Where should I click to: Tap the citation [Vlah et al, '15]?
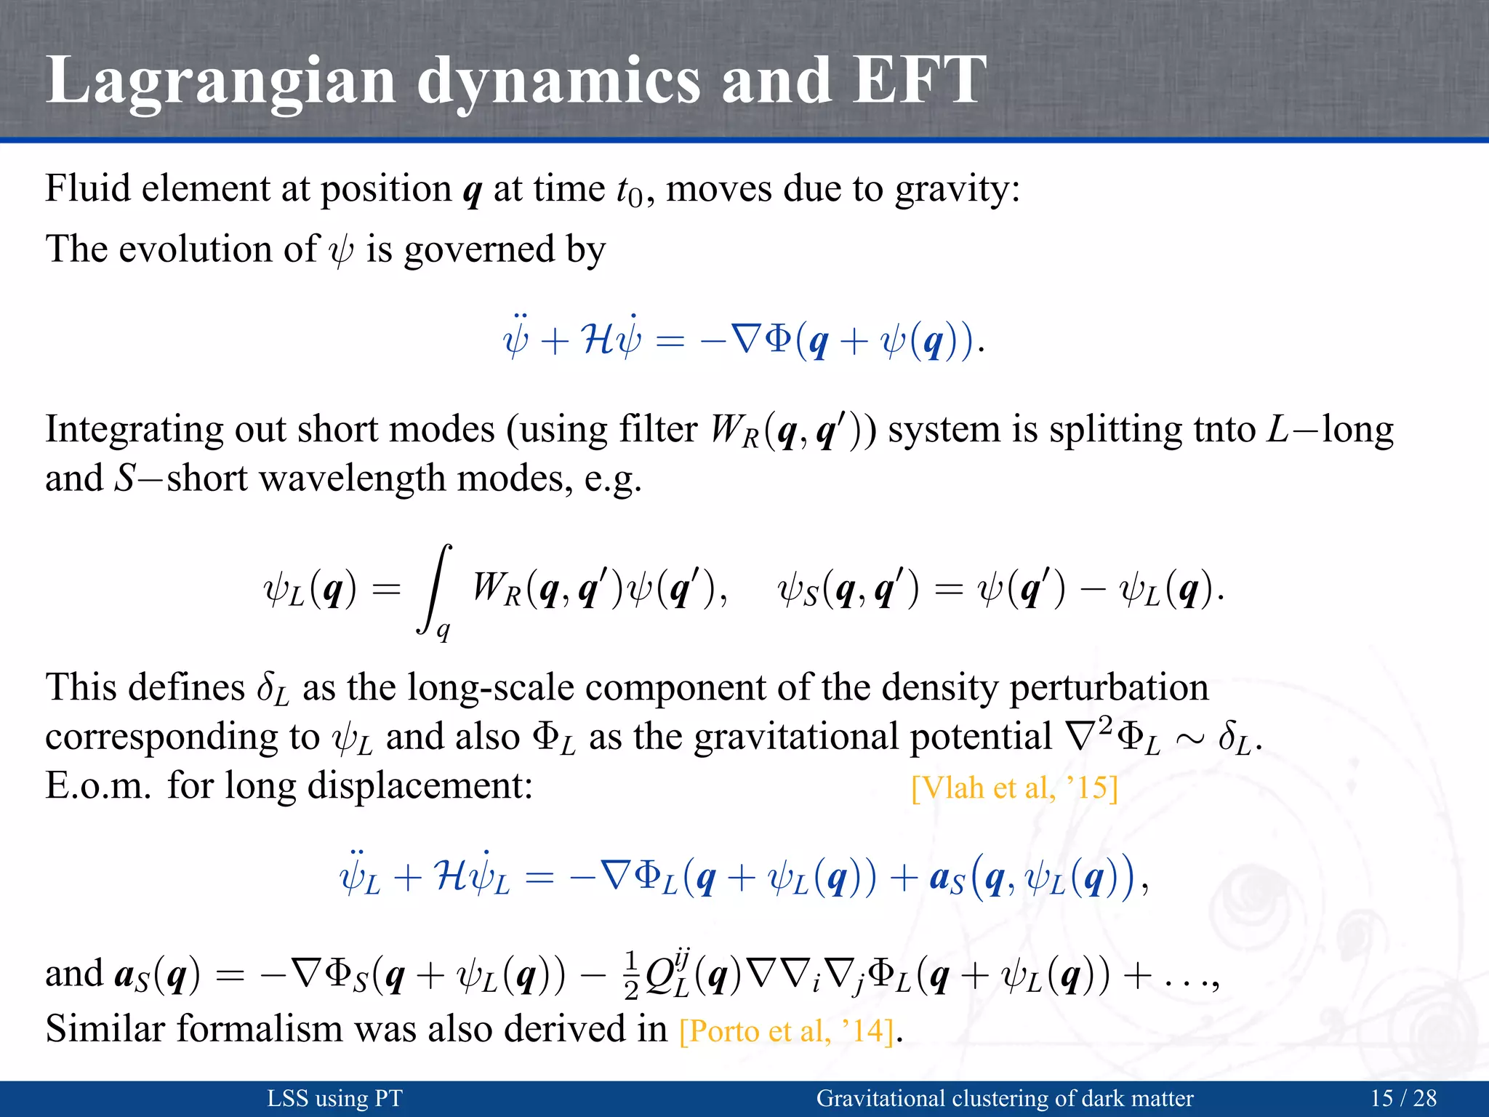tap(1014, 788)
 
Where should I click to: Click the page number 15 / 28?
tap(1403, 1098)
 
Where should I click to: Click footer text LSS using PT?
tap(334, 1098)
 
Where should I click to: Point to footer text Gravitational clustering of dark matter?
tap(1005, 1098)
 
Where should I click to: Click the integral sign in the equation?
tap(436, 589)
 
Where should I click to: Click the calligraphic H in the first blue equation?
tap(598, 340)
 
